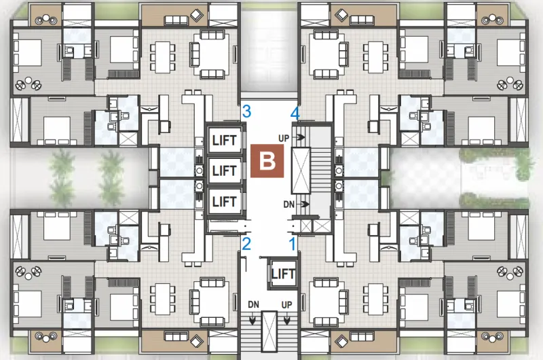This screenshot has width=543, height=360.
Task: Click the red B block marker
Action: pyautogui.click(x=267, y=161)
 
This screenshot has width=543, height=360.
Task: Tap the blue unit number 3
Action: pyautogui.click(x=246, y=111)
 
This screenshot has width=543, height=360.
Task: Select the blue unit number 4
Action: pyautogui.click(x=295, y=113)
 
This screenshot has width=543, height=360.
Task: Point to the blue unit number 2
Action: pyautogui.click(x=246, y=244)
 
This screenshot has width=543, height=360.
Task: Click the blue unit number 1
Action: pyautogui.click(x=293, y=244)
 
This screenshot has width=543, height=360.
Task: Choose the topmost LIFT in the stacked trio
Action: pyautogui.click(x=225, y=141)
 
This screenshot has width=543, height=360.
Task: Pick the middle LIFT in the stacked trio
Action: pyautogui.click(x=225, y=170)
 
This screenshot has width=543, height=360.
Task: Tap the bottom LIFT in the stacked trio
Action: pyautogui.click(x=225, y=202)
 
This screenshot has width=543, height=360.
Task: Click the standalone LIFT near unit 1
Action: pyautogui.click(x=283, y=274)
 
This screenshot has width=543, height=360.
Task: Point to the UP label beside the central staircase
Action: pyautogui.click(x=284, y=139)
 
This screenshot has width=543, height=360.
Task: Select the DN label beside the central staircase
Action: pyautogui.click(x=289, y=204)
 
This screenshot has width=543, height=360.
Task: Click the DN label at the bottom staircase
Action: pyautogui.click(x=253, y=304)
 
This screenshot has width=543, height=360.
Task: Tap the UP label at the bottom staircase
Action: pyautogui.click(x=286, y=305)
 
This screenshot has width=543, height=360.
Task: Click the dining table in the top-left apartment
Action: pyautogui.click(x=162, y=57)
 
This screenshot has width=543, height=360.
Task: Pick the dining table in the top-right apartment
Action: pyautogui.click(x=376, y=57)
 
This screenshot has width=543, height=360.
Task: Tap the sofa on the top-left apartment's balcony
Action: pyautogui.click(x=176, y=20)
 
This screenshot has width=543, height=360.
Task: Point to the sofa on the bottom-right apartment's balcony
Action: pyautogui.click(x=362, y=337)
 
